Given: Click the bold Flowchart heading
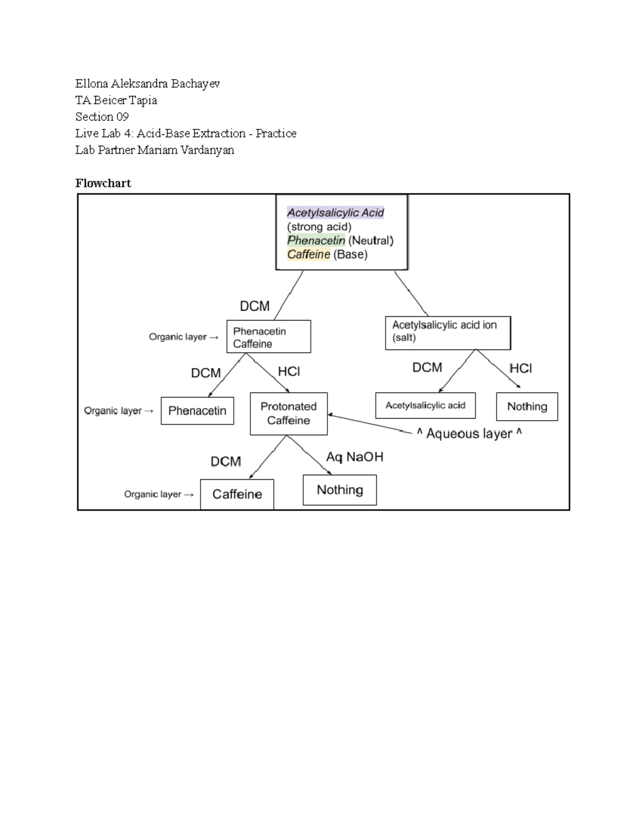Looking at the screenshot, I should point(103,183).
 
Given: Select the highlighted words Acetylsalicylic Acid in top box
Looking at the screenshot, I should point(335,213).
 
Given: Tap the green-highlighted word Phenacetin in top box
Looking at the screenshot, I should point(316,241).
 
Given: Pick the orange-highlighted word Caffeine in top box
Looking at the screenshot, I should point(309,254).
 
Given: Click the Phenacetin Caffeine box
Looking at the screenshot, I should point(269,337).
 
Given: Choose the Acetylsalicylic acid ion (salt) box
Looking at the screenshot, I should point(448,332).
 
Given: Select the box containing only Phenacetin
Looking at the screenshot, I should point(197,410).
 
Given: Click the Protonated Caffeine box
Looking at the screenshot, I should point(288,414).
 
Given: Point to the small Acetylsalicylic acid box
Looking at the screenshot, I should point(425,406).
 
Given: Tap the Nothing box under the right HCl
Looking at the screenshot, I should point(527,407).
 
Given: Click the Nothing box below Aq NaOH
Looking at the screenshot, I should point(340,490).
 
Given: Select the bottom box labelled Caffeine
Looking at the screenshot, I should point(237,494).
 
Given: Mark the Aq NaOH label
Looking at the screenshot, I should point(355,457).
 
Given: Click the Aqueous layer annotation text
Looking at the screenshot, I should point(469,433).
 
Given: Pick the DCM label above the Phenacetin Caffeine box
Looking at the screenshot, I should point(255,306).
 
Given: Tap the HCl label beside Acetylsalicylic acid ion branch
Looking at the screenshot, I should point(521,369).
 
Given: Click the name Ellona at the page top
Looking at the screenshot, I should point(91,84).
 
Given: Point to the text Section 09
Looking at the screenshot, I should point(102,117).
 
